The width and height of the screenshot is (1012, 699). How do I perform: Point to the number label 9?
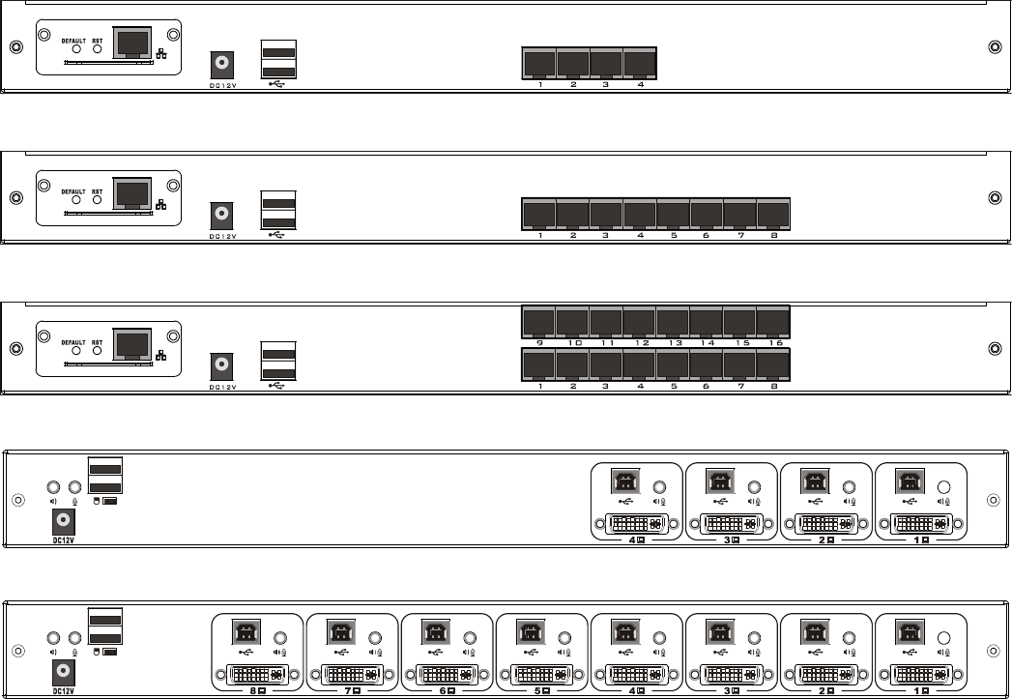538,342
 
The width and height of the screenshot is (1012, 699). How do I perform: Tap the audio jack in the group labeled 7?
376,639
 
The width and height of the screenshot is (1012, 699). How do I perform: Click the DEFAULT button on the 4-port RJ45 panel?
76,49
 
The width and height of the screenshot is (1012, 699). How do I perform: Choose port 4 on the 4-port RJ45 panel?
640,63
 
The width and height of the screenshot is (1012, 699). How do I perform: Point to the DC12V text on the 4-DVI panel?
63,540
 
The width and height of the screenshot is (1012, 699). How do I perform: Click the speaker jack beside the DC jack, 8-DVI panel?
55,637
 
